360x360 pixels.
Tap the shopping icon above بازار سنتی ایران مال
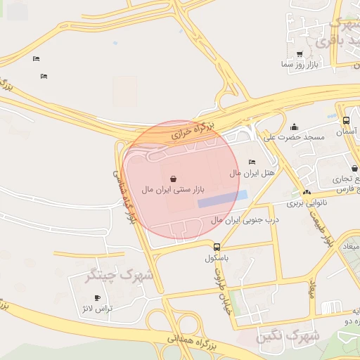pyautogui.click(x=173, y=179)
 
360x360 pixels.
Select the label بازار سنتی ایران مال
pyautogui.click(x=172, y=190)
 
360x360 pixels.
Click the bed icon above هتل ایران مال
pyautogui.click(x=252, y=162)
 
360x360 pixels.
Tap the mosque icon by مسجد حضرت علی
pyautogui.click(x=294, y=126)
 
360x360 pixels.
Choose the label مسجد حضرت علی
pyautogui.click(x=294, y=136)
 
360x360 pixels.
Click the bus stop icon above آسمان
pyautogui.click(x=345, y=121)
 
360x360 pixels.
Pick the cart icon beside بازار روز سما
pyautogui.click(x=300, y=54)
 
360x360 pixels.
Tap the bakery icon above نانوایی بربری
pyautogui.click(x=306, y=192)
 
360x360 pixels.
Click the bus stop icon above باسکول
pyautogui.click(x=217, y=247)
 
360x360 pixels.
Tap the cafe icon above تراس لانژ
pyautogui.click(x=97, y=298)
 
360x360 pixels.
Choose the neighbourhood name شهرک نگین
pyautogui.click(x=289, y=336)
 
